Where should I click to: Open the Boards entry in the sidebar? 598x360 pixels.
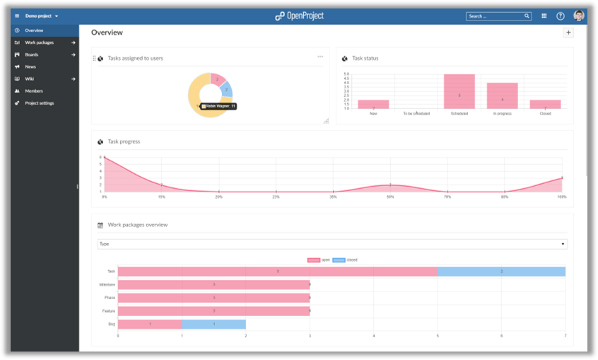32,54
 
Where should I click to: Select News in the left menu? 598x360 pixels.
30,66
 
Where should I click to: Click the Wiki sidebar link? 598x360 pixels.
30,79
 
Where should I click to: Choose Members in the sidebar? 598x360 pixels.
34,91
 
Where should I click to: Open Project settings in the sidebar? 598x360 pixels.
40,103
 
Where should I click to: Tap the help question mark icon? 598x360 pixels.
561,16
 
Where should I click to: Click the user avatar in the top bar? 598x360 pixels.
579,16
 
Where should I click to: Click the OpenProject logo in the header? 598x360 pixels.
299,16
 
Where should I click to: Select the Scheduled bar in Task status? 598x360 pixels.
459,92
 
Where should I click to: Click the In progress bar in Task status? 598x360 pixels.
502,96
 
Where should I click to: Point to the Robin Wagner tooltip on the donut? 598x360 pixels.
218,106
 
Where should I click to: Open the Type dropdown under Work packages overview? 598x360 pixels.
332,244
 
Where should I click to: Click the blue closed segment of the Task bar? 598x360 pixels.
501,271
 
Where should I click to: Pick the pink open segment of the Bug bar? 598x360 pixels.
150,324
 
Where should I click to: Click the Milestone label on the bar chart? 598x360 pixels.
107,284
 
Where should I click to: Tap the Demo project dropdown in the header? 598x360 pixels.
42,16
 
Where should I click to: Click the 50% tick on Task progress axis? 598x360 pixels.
389,197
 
